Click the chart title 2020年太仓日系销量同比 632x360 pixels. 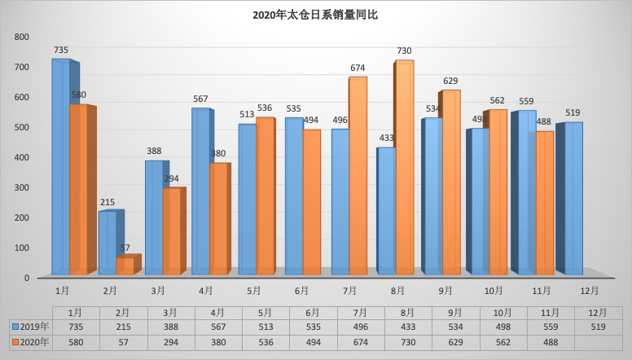pos(316,15)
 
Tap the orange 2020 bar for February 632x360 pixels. pos(125,266)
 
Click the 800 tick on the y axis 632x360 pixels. pos(22,37)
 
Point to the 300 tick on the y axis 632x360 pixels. pos(22,187)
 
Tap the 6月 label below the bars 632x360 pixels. pos(301,290)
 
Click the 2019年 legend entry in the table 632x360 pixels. pos(30,327)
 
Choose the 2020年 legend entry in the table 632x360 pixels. pos(30,342)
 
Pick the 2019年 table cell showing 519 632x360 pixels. pos(595,327)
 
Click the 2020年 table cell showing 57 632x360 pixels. pos(124,342)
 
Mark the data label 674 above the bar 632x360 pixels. pos(358,68)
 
